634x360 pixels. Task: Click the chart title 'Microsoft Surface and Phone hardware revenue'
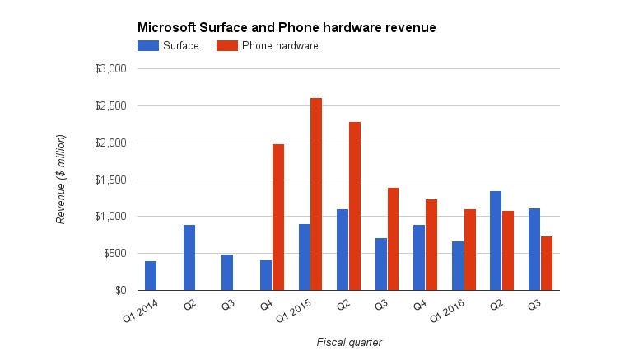286,28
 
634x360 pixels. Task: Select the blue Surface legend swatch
148,46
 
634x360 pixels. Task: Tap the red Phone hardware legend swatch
227,46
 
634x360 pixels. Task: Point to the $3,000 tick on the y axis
110,69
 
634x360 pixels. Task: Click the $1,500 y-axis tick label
110,180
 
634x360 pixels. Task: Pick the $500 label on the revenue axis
114,254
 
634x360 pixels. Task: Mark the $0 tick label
119,290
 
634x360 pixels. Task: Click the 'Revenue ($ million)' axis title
61,180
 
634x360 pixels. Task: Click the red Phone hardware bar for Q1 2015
316,194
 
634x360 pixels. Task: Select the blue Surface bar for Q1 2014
151,275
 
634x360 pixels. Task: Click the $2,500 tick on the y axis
110,106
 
